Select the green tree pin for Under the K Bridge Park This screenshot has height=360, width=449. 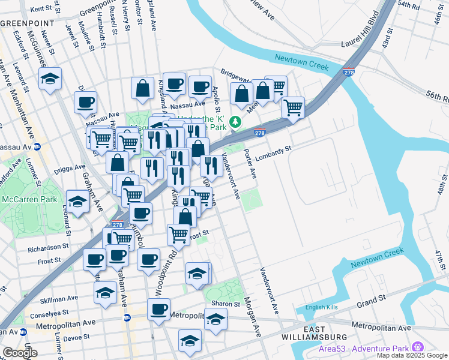coord(236,122)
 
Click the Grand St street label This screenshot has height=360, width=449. coord(372,299)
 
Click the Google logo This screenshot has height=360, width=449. coord(20,353)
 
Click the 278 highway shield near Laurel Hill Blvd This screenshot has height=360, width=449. coord(349,73)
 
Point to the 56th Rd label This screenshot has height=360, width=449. coord(437,97)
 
